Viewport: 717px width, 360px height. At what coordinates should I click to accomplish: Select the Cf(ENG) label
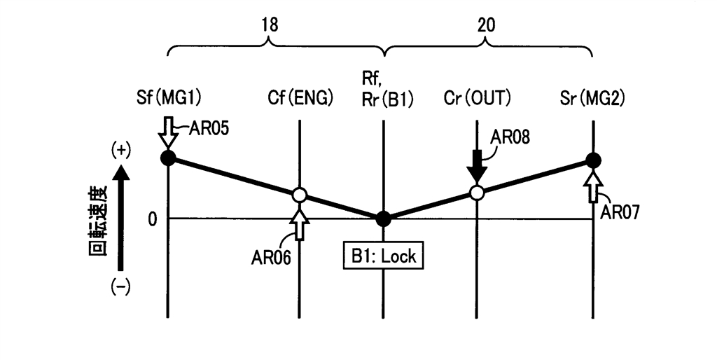pyautogui.click(x=300, y=99)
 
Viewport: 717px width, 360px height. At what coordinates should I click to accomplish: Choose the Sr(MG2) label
pyautogui.click(x=592, y=99)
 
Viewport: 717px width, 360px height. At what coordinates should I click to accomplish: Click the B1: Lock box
pyautogui.click(x=383, y=256)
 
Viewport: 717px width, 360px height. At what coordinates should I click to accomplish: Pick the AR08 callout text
pyautogui.click(x=511, y=138)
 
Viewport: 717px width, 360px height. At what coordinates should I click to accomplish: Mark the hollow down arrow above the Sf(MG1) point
pyautogui.click(x=167, y=133)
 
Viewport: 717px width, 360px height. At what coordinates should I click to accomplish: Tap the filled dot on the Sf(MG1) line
pyautogui.click(x=167, y=158)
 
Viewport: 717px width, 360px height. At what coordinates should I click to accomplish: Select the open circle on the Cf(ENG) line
pyautogui.click(x=299, y=195)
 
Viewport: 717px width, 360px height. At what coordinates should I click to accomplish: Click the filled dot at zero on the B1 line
pyautogui.click(x=383, y=219)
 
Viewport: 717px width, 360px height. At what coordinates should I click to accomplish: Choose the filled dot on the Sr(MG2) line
pyautogui.click(x=593, y=160)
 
